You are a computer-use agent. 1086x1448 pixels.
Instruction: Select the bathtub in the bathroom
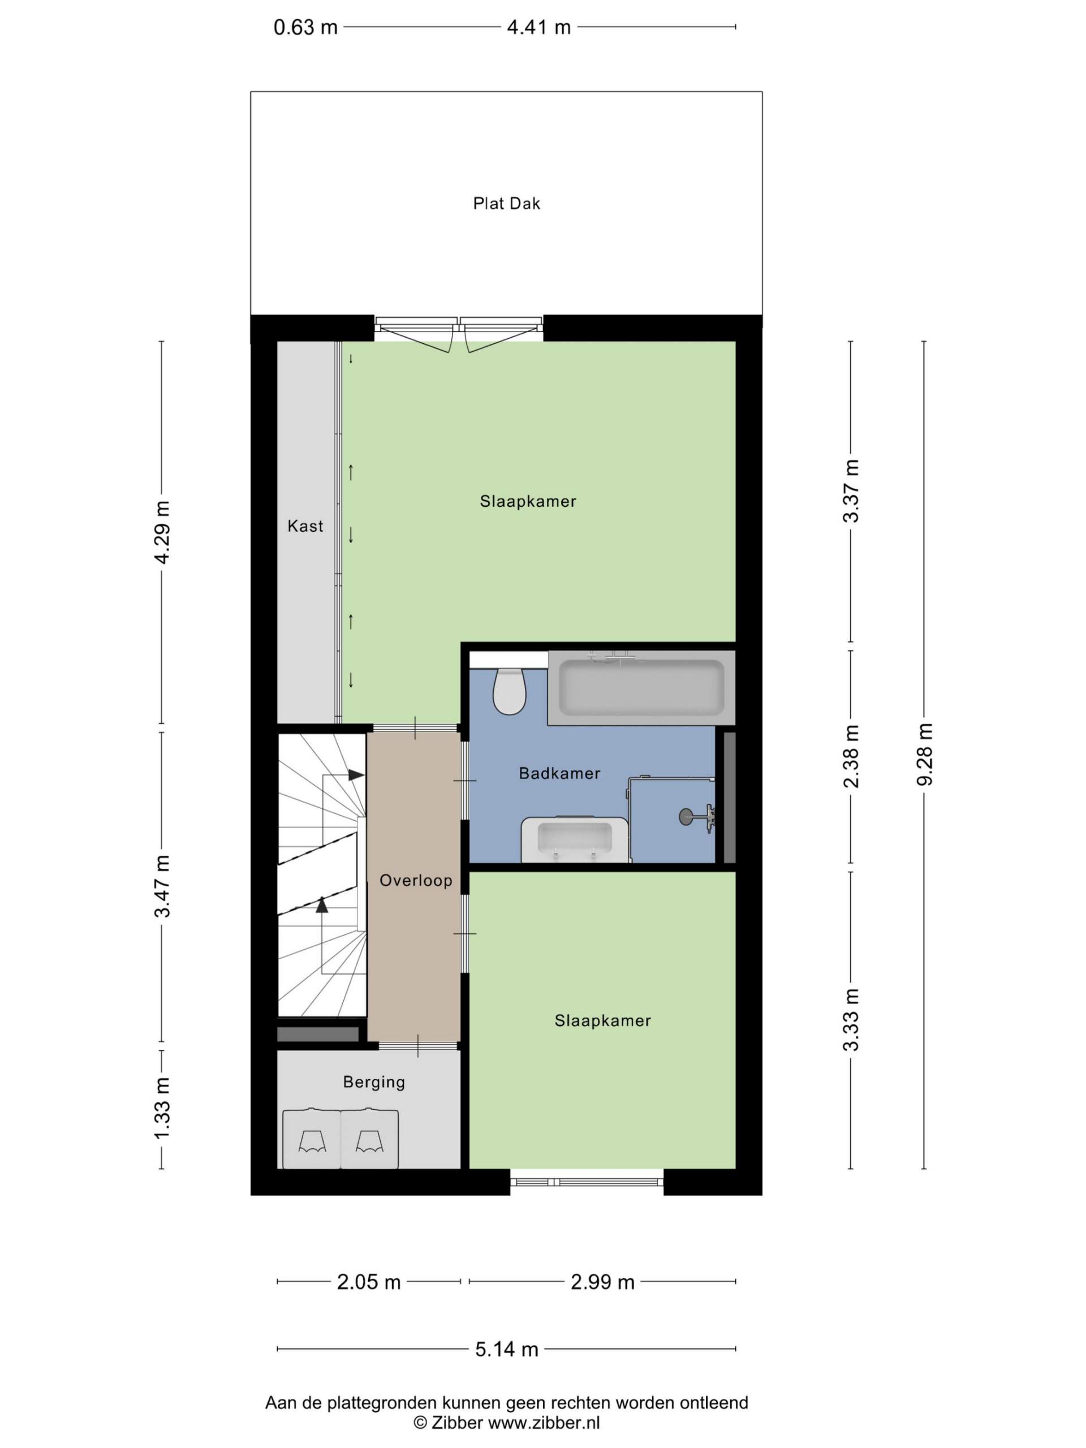pos(641,687)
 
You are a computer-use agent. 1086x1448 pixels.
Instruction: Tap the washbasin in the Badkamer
pos(574,839)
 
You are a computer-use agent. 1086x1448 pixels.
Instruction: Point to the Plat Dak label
pos(507,204)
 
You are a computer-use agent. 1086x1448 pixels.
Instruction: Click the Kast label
pos(305,525)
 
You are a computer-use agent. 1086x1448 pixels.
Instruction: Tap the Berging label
pos(374,1082)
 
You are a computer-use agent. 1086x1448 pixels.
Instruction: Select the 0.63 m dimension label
pos(305,28)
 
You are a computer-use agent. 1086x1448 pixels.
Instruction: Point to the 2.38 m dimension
pos(851,756)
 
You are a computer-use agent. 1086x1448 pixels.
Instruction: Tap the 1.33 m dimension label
pos(162,1109)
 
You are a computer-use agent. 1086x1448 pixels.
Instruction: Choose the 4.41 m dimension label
pos(538,28)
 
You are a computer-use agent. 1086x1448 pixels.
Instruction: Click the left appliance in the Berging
pos(312,1140)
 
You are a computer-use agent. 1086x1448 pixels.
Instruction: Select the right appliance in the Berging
pos(369,1140)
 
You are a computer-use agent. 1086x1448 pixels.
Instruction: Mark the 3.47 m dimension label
pos(162,886)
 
